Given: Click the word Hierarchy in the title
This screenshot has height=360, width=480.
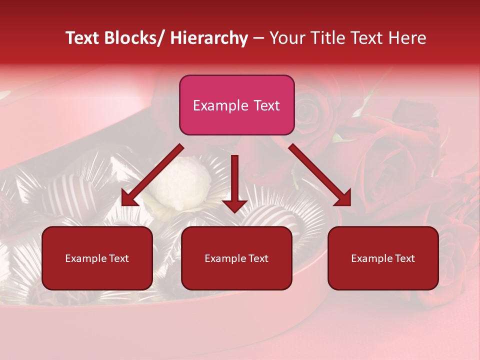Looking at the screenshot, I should coord(209,38).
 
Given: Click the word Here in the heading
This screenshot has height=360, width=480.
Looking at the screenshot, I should coord(407,38).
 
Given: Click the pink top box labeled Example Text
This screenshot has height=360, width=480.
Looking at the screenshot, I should coord(236,105).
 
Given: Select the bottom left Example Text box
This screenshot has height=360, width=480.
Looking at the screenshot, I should coord(97,258).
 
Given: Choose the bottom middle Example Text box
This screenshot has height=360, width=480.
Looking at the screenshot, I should coord(236,258).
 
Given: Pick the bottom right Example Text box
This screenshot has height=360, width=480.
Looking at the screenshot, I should coord(383,258).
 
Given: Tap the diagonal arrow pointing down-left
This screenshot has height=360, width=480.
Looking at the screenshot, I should coord(152,175).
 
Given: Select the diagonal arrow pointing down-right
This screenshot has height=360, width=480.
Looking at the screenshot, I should coord(320,175).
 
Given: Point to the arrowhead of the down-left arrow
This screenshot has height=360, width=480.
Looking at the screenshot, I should coord(129,199).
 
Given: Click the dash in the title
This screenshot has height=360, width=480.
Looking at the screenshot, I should coord(258,38).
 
